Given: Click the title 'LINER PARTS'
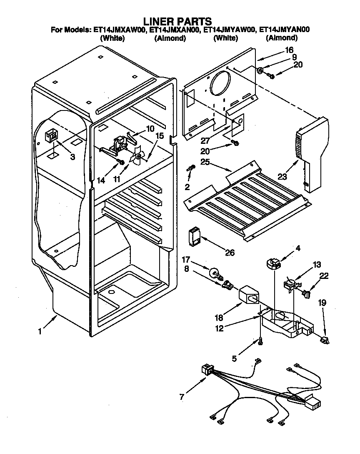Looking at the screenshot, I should [x=177, y=21].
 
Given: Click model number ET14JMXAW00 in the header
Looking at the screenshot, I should [x=118, y=30].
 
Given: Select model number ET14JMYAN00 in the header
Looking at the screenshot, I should [x=284, y=30].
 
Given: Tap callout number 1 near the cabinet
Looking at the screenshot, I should [x=40, y=331].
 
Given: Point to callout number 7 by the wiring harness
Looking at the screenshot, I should [x=182, y=396].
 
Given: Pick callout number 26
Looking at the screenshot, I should [x=229, y=252].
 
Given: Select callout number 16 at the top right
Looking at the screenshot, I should [x=289, y=50].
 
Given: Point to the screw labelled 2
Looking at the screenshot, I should [x=191, y=168].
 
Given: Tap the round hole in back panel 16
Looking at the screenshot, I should [x=221, y=83].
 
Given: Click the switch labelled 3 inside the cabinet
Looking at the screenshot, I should [x=52, y=135].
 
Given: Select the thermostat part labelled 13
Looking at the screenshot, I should [x=289, y=284].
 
